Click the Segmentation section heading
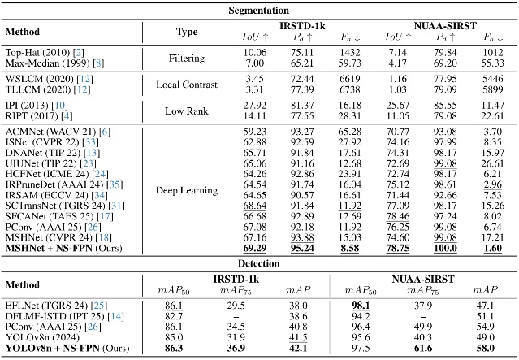pos(258,11)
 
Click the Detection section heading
pos(258,263)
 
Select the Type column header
pos(187,32)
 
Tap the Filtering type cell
pos(187,58)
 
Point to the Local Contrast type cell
pos(187,85)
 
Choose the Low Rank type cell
pos(187,111)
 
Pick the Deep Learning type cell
pos(187,190)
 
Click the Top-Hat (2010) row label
pos(38,52)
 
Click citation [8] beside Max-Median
pos(98,63)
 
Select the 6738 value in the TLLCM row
pos(350,89)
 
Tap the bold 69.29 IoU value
pos(254,248)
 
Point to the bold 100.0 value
pos(445,248)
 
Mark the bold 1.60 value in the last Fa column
pos(492,248)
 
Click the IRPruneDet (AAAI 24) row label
pos(54,184)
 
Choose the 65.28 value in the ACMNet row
pos(350,132)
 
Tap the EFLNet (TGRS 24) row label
pos(46,306)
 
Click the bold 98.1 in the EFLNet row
pos(361,306)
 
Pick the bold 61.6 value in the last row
pos(423,348)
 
